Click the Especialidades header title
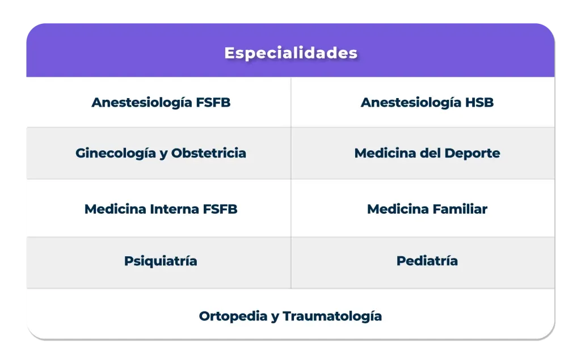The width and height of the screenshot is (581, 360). [290, 53]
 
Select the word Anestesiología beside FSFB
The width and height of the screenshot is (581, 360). [141, 103]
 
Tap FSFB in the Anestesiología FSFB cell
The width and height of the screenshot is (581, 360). [213, 103]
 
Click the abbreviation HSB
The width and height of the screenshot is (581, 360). [479, 103]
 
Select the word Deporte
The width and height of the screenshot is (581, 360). [472, 153]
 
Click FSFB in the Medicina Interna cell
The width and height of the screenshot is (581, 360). [220, 209]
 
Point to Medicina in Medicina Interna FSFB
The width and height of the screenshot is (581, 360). [115, 209]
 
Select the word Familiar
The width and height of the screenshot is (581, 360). [460, 209]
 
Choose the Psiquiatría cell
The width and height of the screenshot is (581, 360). [161, 261]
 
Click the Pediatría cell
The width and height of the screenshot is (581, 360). [427, 261]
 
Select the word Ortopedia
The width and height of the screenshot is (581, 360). [233, 316]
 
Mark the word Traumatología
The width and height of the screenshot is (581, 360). [332, 316]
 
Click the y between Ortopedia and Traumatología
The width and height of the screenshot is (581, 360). [275, 317]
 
